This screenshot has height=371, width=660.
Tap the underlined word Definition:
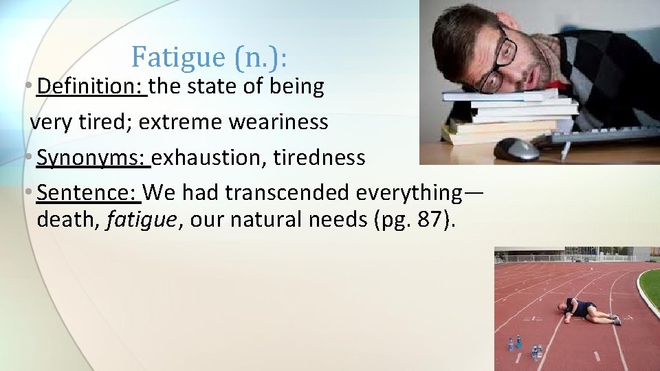pos(91,87)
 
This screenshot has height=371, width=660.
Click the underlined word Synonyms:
pos(93,157)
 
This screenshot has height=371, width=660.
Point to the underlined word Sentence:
pos(89,193)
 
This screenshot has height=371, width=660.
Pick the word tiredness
pos(319,157)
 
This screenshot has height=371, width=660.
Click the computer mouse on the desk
pos(516,148)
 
